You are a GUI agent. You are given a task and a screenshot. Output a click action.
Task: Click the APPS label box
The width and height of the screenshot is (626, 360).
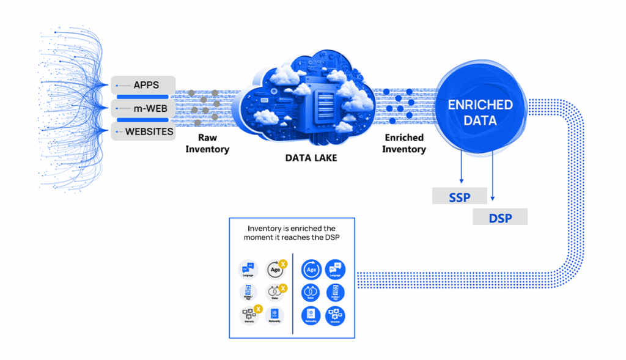pyautogui.click(x=144, y=85)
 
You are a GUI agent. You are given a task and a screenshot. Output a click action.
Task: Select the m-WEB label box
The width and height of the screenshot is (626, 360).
pyautogui.click(x=144, y=108)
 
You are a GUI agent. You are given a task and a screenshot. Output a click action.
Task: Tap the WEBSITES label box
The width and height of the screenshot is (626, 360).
pyautogui.click(x=144, y=131)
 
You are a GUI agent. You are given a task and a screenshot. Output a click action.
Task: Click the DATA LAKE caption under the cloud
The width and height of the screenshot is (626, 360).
pyautogui.click(x=311, y=157)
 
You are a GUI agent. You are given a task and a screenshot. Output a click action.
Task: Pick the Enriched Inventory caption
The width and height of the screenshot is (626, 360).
pyautogui.click(x=404, y=144)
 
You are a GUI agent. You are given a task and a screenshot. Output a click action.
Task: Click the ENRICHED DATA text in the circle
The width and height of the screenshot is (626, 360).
pyautogui.click(x=480, y=112)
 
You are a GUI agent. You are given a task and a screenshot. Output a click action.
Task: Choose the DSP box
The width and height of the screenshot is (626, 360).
pyautogui.click(x=499, y=217)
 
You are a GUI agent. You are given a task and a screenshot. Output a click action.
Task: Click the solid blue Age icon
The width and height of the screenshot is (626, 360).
pyautogui.click(x=311, y=268)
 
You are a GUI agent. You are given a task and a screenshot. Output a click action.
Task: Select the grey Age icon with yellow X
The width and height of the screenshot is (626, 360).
pyautogui.click(x=275, y=269)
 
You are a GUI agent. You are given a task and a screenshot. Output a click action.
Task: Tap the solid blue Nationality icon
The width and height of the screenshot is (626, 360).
pyautogui.click(x=311, y=315)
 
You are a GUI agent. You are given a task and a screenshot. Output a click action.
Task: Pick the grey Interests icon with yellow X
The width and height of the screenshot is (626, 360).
pyautogui.click(x=249, y=315)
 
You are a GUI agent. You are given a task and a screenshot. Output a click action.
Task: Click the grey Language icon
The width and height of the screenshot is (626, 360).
pyautogui.click(x=248, y=269)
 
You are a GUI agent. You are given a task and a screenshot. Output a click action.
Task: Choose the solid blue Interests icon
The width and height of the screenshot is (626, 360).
pyautogui.click(x=334, y=315)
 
